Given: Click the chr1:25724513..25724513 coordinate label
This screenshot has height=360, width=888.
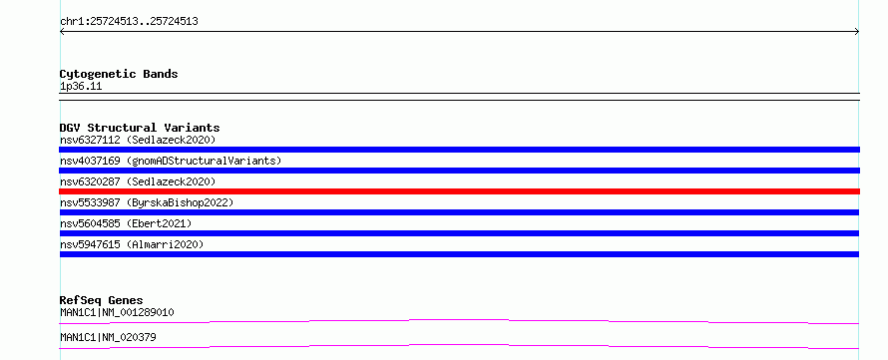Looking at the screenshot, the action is point(129,22).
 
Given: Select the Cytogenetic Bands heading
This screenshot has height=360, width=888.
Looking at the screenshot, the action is point(119,74).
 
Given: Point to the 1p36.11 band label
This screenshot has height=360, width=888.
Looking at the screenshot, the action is point(81,87).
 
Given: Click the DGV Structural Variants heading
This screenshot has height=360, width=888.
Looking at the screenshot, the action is point(140,128).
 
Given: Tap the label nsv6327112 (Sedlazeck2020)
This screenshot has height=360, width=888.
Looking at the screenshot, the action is point(138,140).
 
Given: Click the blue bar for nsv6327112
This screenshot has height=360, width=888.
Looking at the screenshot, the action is point(459,150).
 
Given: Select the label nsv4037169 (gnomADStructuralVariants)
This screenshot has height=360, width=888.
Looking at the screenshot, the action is point(171,161).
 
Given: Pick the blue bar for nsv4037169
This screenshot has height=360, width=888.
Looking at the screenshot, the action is point(459,171).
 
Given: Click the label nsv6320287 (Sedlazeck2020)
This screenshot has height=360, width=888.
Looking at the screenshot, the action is point(138,181).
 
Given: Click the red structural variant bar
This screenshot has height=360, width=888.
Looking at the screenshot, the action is point(459,191).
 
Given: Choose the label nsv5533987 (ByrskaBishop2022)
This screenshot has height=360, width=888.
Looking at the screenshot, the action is point(147,202).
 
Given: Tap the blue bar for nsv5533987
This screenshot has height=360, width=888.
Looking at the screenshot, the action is point(459,212).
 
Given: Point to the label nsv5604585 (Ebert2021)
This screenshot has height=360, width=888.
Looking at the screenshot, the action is point(126,223).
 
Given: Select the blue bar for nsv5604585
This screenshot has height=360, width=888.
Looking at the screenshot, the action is point(459,233).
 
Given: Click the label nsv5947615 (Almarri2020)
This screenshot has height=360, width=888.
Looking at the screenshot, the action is point(132,244).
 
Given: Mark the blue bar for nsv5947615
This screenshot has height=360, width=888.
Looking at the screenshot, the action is point(459,254).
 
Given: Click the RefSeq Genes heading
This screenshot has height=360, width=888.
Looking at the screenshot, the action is point(102,300).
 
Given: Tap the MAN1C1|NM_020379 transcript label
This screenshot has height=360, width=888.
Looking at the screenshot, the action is point(108,337).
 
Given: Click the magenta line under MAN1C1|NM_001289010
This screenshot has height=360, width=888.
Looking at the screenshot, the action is point(459,320).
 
